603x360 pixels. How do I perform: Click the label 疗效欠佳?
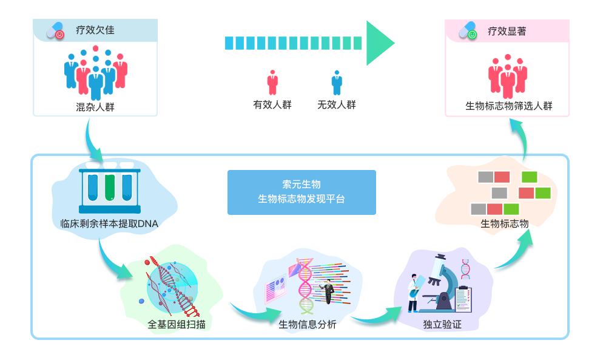click(x=95, y=30)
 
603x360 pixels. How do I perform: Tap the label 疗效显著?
click(x=507, y=31)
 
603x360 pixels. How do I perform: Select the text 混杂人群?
click(x=95, y=108)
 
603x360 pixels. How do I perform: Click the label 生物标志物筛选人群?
click(x=508, y=106)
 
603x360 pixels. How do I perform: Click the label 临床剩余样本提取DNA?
click(x=109, y=224)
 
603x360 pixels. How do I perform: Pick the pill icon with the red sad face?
click(x=56, y=30)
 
